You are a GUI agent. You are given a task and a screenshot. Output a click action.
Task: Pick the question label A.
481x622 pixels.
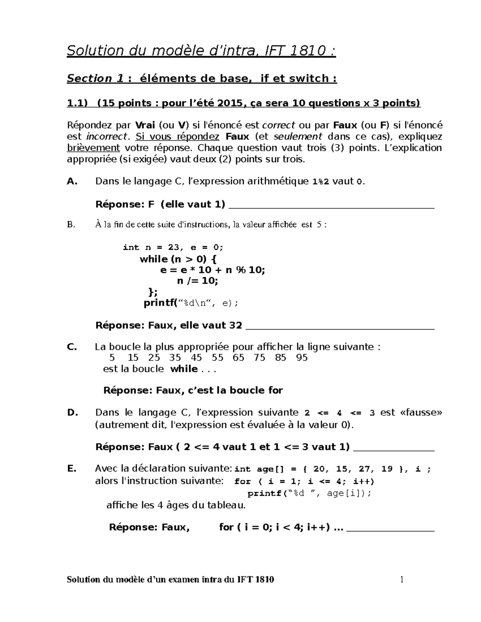coord(72,181)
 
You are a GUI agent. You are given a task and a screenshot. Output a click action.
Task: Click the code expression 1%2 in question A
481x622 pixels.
coord(321,182)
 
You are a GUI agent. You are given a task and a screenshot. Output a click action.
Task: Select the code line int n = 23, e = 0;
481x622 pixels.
coord(173,248)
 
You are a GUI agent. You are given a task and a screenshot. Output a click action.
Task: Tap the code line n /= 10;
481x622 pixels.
coord(198,281)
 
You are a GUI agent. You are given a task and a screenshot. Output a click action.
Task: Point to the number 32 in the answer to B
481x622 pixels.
coord(235,325)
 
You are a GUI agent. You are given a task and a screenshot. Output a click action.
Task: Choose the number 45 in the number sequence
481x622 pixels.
coord(196,358)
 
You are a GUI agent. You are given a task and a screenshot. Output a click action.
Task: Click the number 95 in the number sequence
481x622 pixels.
coord(302,358)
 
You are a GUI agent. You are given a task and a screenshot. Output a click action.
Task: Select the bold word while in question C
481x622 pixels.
coord(184,369)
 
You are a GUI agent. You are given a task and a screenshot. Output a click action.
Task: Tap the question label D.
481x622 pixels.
coord(73,413)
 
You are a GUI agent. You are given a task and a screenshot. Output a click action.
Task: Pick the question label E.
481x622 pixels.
coord(72,469)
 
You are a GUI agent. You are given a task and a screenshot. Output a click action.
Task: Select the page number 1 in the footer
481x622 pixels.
coord(401,580)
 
